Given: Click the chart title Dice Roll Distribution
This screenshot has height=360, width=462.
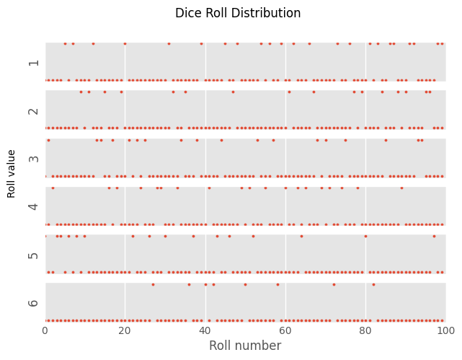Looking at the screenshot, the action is [x=238, y=13].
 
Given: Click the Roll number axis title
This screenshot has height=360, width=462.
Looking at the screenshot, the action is [x=245, y=346].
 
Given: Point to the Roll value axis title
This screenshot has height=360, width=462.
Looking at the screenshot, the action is [x=11, y=174].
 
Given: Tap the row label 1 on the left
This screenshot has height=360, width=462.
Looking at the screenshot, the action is [x=34, y=63].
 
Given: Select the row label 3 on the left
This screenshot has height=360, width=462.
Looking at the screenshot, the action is [x=34, y=159].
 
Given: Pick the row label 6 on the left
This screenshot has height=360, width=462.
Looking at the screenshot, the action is [x=34, y=303].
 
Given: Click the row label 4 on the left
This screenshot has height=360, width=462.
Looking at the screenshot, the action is [x=34, y=206].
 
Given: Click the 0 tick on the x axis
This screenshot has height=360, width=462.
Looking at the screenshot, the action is [x=45, y=331].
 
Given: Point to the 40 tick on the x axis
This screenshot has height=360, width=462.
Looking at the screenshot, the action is [x=205, y=331].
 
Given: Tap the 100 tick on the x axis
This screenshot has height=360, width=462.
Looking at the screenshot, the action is [x=446, y=331].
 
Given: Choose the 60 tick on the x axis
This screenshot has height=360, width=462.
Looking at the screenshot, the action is [x=285, y=331].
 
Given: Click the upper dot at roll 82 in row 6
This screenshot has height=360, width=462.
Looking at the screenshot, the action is [x=373, y=284].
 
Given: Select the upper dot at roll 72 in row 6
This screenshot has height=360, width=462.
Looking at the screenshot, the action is [x=334, y=284].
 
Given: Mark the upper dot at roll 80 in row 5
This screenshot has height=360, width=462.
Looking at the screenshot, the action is [x=365, y=236].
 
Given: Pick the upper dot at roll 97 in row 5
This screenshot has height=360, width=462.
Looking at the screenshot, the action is [x=434, y=236].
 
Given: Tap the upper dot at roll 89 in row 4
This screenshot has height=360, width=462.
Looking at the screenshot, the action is [x=401, y=188].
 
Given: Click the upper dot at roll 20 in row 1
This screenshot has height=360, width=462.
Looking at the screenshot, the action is [x=125, y=43].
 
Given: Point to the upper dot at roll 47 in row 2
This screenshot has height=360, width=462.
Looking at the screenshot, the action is [x=233, y=92].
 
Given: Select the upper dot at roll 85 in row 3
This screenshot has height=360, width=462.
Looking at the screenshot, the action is [x=386, y=141].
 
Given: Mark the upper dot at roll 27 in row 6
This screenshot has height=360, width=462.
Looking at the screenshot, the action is [x=153, y=284].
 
